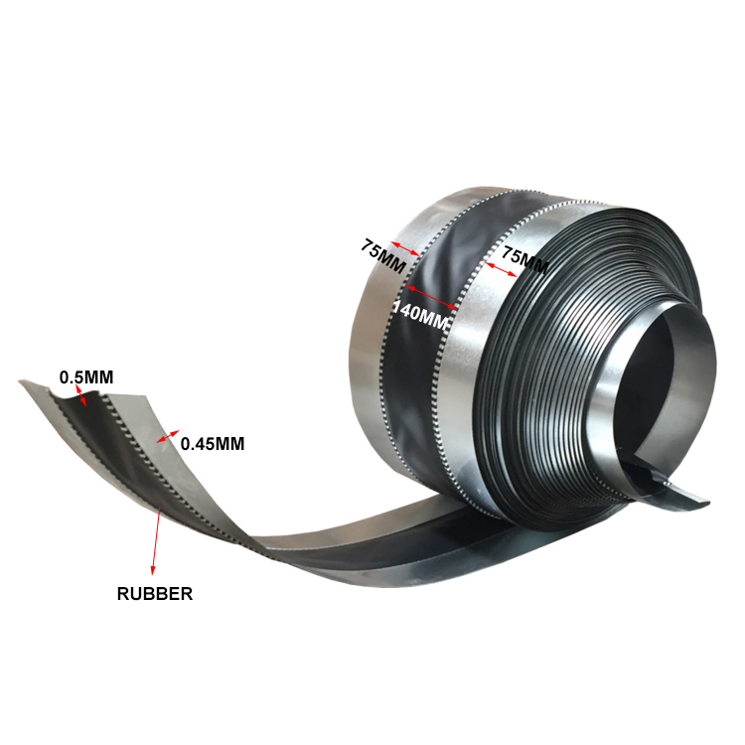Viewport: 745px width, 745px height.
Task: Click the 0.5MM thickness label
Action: pos(86,377)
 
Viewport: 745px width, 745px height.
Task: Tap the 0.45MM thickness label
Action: pos(213,444)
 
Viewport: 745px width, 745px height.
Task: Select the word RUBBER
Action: pos(155,594)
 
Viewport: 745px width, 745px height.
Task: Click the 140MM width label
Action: pos(420,315)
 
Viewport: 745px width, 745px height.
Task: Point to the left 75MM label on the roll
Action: pos(382,255)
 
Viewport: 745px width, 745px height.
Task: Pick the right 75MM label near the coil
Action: pos(525,259)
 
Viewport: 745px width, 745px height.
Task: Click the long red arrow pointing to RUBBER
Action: pos(156,540)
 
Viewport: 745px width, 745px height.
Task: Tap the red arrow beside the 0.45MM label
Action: pos(168,436)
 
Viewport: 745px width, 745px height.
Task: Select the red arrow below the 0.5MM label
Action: pos(81,395)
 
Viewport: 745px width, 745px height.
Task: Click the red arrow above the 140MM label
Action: pos(432,298)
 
